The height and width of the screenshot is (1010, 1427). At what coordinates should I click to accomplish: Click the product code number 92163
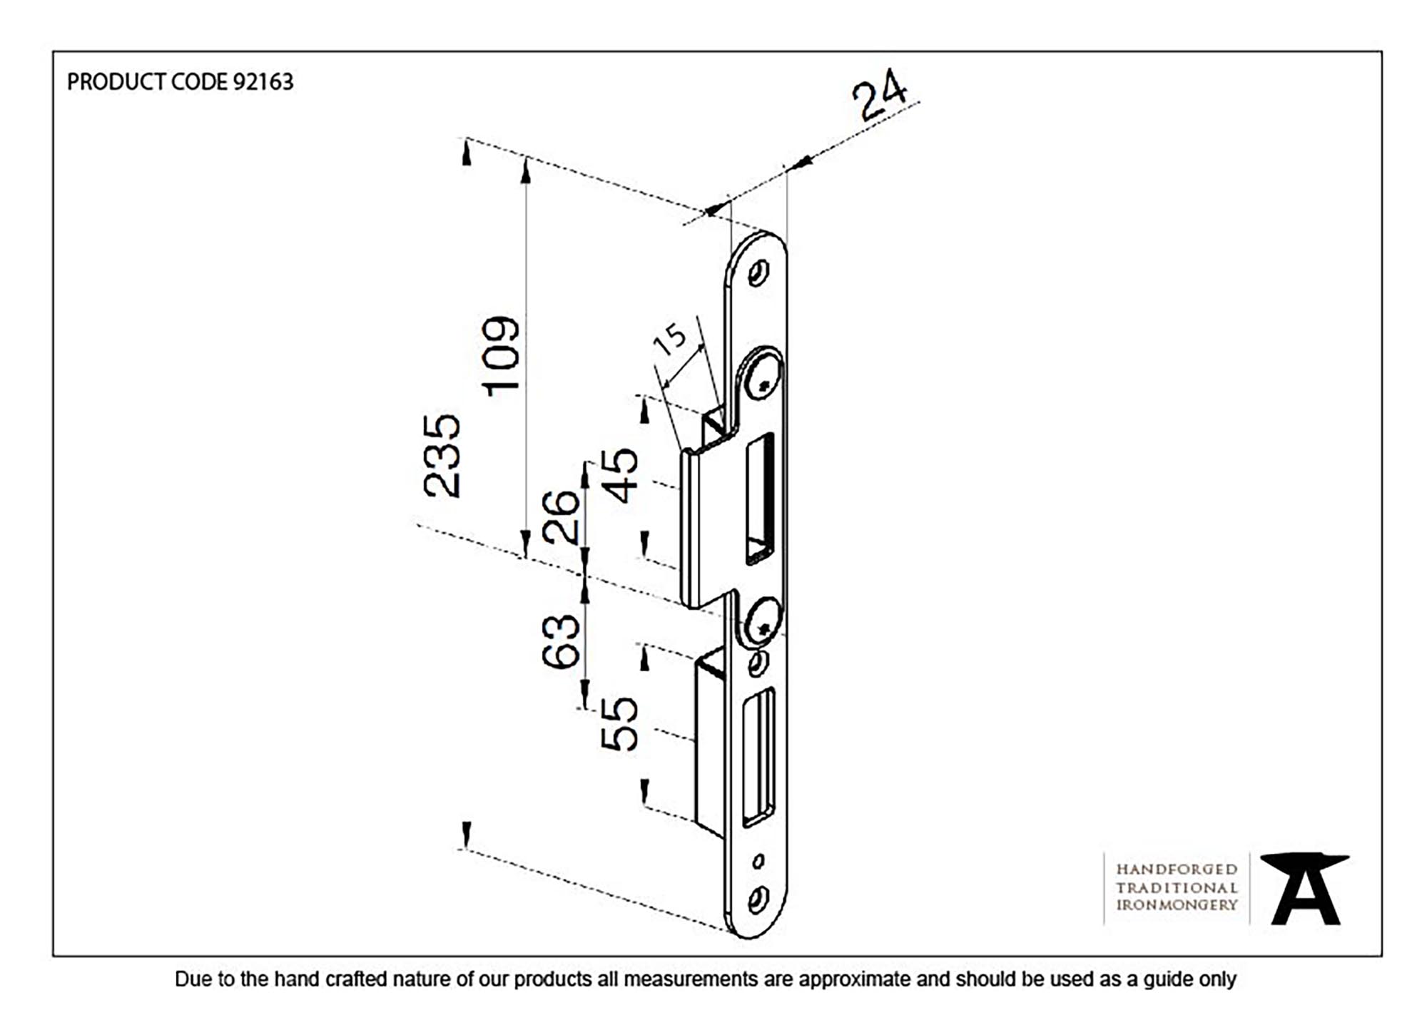click(263, 82)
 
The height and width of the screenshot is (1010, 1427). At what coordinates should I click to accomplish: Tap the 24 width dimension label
click(880, 96)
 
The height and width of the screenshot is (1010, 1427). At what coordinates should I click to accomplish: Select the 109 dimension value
click(501, 356)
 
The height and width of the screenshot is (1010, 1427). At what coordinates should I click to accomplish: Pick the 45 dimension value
click(620, 476)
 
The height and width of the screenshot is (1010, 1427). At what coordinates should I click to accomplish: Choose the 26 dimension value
click(561, 517)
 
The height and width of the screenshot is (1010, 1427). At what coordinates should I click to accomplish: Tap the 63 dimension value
click(561, 641)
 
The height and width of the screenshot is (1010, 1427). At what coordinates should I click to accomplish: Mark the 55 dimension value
click(619, 724)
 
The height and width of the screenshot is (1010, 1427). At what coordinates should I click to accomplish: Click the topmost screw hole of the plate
click(758, 273)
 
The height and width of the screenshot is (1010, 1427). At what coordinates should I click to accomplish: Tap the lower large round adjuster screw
click(762, 621)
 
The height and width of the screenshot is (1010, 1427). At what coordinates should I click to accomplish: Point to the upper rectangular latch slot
click(759, 498)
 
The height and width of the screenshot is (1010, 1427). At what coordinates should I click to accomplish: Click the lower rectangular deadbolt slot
click(758, 757)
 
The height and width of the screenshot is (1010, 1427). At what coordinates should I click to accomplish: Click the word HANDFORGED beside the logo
click(1177, 869)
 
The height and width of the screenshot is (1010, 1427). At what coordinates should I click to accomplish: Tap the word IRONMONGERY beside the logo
click(1177, 904)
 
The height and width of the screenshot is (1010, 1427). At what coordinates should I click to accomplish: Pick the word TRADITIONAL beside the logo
click(1177, 887)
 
